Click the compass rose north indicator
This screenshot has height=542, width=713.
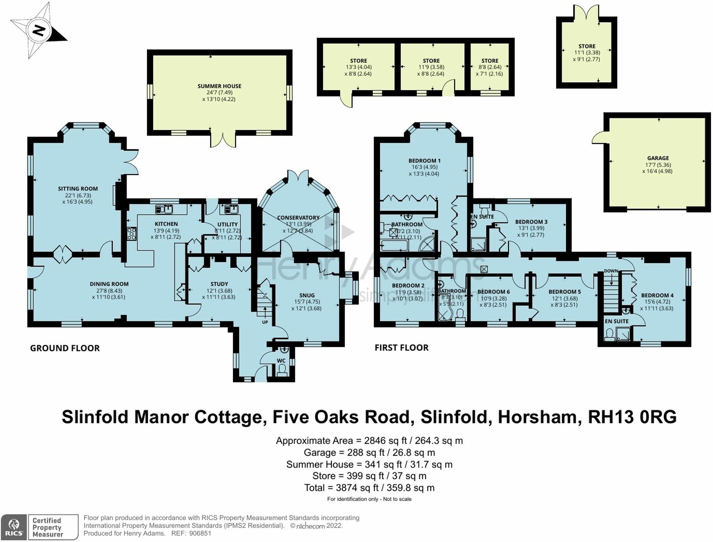(38, 30)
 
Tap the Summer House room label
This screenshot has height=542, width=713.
(219, 86)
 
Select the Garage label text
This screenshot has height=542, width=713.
(658, 158)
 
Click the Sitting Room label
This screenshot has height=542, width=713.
(78, 189)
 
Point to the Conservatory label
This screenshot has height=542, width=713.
(298, 218)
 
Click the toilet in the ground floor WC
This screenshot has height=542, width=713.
(282, 370)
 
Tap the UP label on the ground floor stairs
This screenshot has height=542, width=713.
(265, 322)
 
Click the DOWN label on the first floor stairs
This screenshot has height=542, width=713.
(611, 271)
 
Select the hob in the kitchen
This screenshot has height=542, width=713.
(131, 233)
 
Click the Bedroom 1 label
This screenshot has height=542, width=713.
(424, 161)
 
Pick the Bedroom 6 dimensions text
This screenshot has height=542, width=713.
(493, 302)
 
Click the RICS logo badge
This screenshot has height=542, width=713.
(14, 527)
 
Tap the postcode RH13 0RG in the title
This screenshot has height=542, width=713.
(632, 417)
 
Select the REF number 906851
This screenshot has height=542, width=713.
(200, 534)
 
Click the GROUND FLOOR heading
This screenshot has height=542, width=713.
(65, 348)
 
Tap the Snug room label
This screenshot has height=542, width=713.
(307, 295)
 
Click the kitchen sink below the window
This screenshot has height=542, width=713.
(164, 209)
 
